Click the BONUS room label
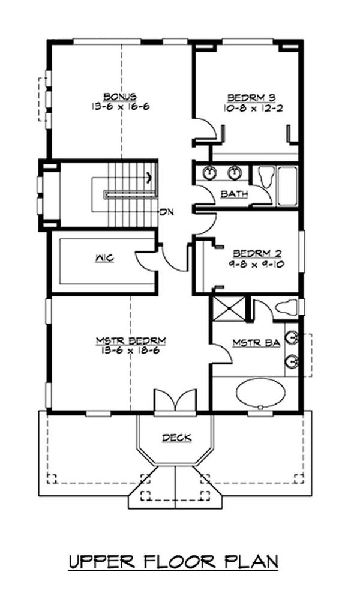(120, 96)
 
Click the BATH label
(232, 194)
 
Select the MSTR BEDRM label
(131, 341)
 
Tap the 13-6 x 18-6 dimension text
(131, 351)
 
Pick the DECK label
(176, 438)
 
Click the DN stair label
(166, 212)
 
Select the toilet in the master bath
(283, 308)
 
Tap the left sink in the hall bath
(209, 173)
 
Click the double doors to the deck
(175, 401)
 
